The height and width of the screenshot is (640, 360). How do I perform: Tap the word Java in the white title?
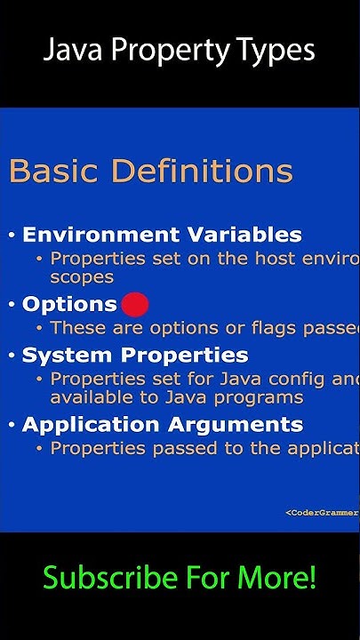(x=70, y=50)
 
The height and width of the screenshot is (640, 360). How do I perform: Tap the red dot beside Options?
(x=134, y=305)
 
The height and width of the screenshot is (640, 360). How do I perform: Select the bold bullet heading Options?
(x=69, y=305)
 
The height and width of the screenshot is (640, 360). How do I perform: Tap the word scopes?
(x=82, y=276)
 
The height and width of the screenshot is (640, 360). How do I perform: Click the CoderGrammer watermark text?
(x=322, y=512)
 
